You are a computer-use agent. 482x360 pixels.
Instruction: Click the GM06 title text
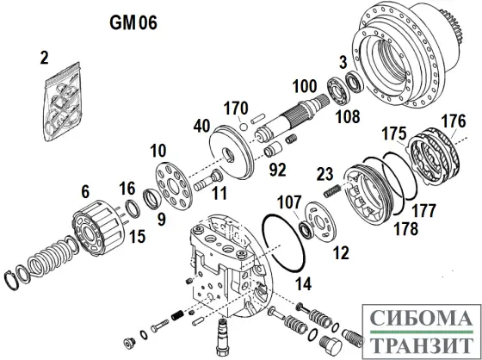pyautogui.click(x=133, y=23)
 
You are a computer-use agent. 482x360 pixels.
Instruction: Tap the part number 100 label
pyautogui.click(x=305, y=86)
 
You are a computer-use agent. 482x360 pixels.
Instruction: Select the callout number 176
pyautogui.click(x=454, y=121)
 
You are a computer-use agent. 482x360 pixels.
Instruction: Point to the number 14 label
pyautogui.click(x=303, y=283)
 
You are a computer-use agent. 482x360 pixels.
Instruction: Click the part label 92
pyautogui.click(x=277, y=170)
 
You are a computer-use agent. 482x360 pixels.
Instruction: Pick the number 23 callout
pyautogui.click(x=325, y=174)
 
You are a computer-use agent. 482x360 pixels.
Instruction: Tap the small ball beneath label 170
pyautogui.click(x=243, y=127)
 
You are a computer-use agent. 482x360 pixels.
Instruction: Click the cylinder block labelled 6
pyautogui.click(x=98, y=228)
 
